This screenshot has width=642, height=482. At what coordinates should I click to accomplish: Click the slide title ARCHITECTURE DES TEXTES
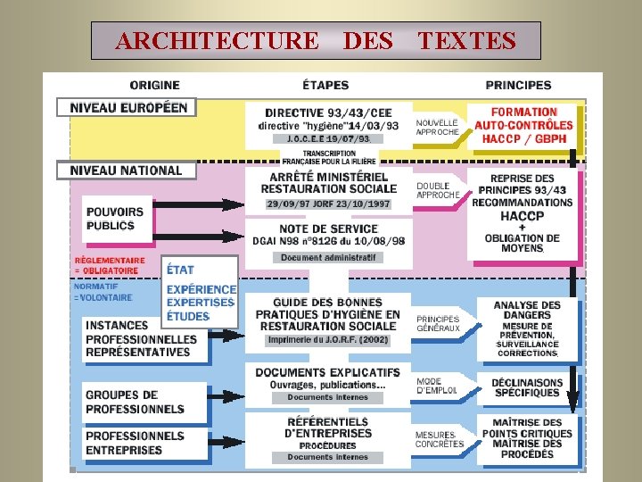coord(316,41)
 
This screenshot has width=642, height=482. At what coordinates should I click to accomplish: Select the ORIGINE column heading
coord(154,86)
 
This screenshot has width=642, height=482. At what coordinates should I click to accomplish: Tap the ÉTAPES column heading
coord(326,86)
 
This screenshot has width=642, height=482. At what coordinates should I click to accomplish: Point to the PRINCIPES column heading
coord(518,86)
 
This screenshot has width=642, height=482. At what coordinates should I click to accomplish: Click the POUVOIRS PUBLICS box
coord(115,219)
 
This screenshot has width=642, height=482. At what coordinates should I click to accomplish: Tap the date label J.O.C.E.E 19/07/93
coord(327,139)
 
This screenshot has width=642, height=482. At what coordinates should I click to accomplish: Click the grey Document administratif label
coord(328,258)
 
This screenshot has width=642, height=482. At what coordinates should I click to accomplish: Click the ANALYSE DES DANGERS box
coord(527,328)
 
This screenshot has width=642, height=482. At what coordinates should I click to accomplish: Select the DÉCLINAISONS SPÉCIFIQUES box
coord(527,388)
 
